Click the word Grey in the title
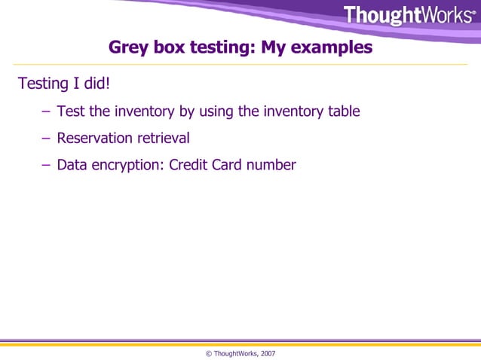pyautogui.click(x=129, y=47)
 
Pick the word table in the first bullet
pyautogui.click(x=342, y=111)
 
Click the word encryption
pyautogui.click(x=127, y=165)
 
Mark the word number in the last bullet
pyautogui.click(x=274, y=164)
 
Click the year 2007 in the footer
pyautogui.click(x=268, y=352)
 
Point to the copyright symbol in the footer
pyautogui.click(x=208, y=352)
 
